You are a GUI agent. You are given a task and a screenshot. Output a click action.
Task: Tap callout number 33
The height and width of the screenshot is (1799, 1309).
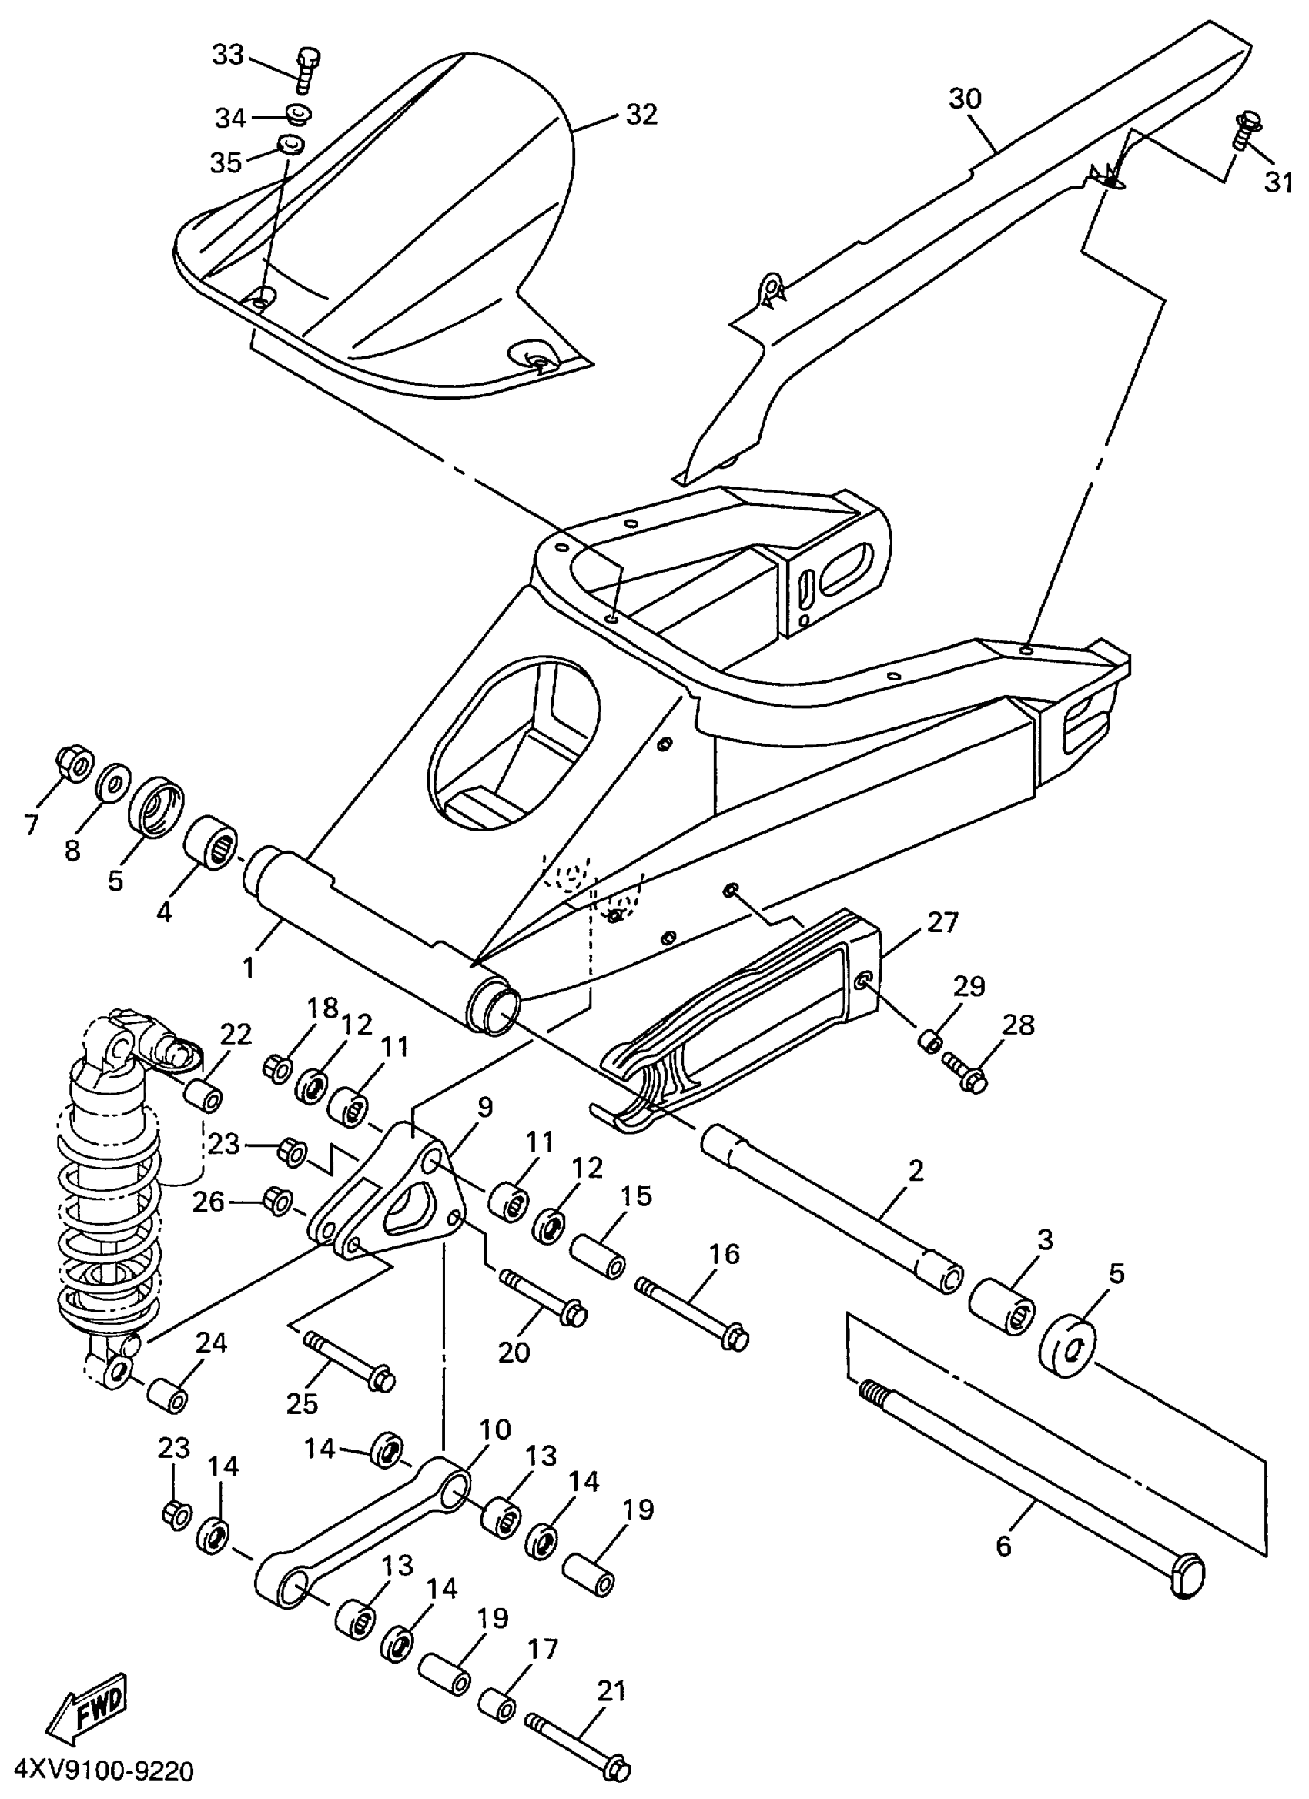229,56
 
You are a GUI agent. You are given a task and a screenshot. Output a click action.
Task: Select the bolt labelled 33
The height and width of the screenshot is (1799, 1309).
307,71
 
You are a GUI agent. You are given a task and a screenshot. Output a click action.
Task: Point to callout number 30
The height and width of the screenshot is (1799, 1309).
965,99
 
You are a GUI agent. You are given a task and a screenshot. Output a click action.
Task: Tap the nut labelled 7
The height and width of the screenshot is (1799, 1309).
72,763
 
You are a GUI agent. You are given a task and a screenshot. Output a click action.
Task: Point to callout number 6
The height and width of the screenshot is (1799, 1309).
1004,1547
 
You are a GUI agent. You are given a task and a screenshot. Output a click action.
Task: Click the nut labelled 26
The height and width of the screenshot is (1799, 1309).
276,1202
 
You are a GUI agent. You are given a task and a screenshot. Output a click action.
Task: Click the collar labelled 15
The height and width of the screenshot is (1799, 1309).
598,1255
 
